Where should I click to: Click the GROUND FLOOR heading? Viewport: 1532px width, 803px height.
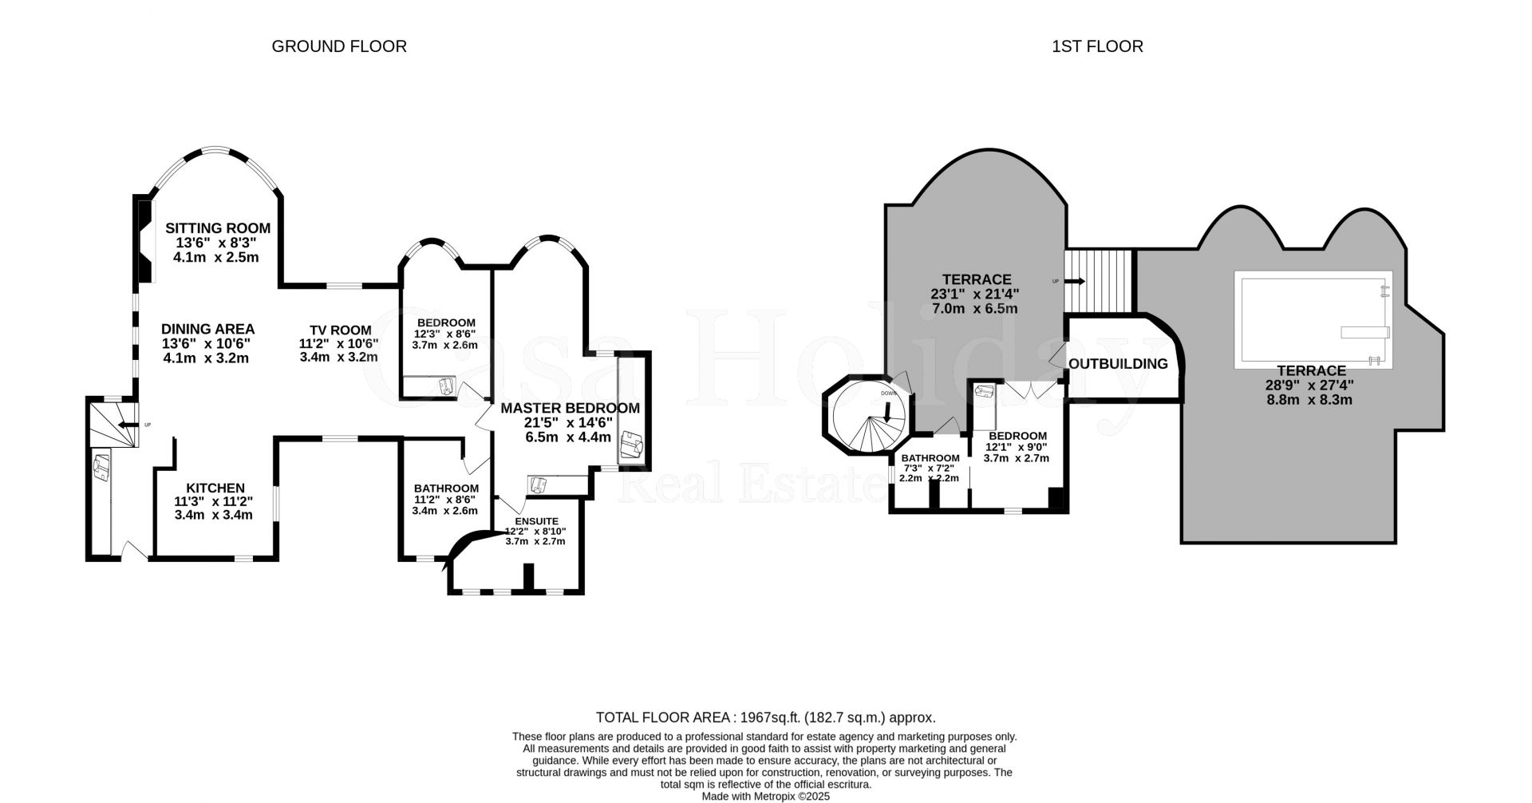tap(339, 46)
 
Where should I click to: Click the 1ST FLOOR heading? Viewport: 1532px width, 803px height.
tap(1097, 46)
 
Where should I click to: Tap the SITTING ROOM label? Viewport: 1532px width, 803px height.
tap(217, 229)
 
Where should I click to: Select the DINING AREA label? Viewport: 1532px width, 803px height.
tap(207, 329)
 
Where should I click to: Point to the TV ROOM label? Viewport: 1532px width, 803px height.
tap(341, 330)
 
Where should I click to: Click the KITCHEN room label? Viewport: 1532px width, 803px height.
tap(215, 489)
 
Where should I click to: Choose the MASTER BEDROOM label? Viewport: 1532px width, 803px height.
tap(570, 408)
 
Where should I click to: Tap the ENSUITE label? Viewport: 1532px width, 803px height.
tap(535, 520)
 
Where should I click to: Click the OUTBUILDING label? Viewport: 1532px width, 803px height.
tap(1118, 364)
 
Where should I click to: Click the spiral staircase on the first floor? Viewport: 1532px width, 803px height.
tap(867, 417)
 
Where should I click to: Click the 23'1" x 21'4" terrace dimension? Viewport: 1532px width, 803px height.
tap(976, 294)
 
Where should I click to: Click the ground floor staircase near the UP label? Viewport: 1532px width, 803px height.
tap(109, 425)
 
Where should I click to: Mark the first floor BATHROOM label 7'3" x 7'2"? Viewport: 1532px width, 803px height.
tap(930, 458)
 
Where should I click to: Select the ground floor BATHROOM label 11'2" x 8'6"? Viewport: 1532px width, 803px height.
tap(445, 489)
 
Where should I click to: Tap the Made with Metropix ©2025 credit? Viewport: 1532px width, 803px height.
tap(765, 796)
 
